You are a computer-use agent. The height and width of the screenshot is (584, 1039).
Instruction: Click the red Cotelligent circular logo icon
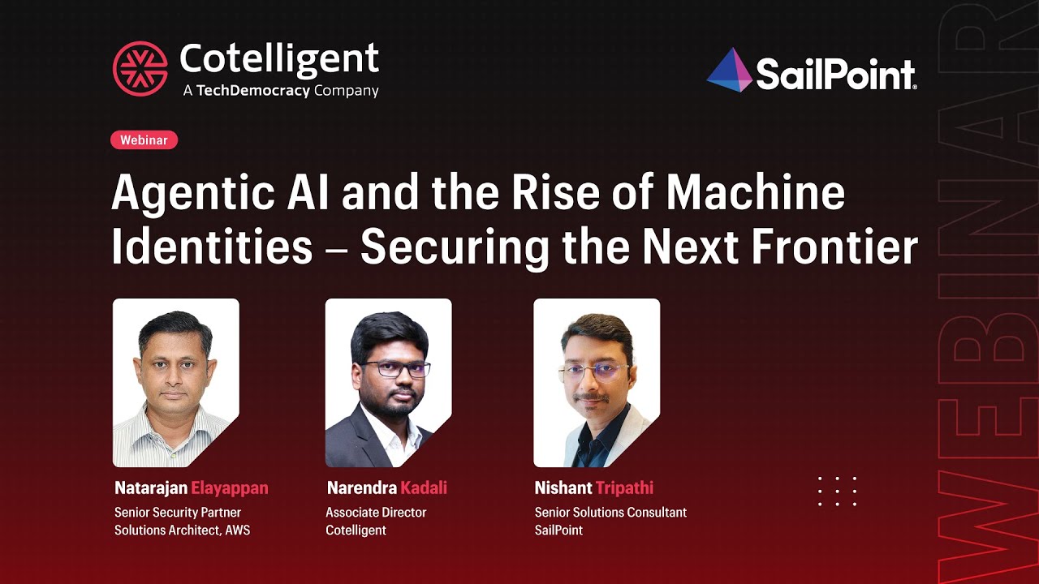(x=140, y=68)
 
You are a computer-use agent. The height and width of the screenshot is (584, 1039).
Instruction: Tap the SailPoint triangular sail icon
(x=729, y=71)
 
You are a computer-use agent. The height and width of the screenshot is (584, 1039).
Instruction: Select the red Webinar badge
(x=144, y=140)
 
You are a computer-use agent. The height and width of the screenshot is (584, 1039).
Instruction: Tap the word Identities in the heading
(x=212, y=247)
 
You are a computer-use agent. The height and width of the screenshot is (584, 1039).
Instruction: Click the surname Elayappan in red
(x=229, y=488)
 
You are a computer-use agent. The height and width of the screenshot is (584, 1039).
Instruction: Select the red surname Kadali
(x=424, y=488)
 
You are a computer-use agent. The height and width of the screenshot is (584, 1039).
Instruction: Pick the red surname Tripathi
(x=624, y=488)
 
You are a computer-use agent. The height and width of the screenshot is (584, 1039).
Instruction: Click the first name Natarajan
(x=151, y=488)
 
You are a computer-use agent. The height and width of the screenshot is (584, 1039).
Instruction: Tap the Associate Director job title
(x=376, y=513)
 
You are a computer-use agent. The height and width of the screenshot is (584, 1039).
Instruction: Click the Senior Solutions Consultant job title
(x=610, y=513)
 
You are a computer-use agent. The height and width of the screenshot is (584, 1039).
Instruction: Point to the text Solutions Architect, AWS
(x=182, y=530)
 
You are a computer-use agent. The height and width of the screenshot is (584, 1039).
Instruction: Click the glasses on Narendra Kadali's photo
(x=395, y=369)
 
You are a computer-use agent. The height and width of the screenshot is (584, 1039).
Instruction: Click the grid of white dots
(x=837, y=492)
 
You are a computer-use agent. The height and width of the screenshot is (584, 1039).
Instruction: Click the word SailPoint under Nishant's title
(x=558, y=530)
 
